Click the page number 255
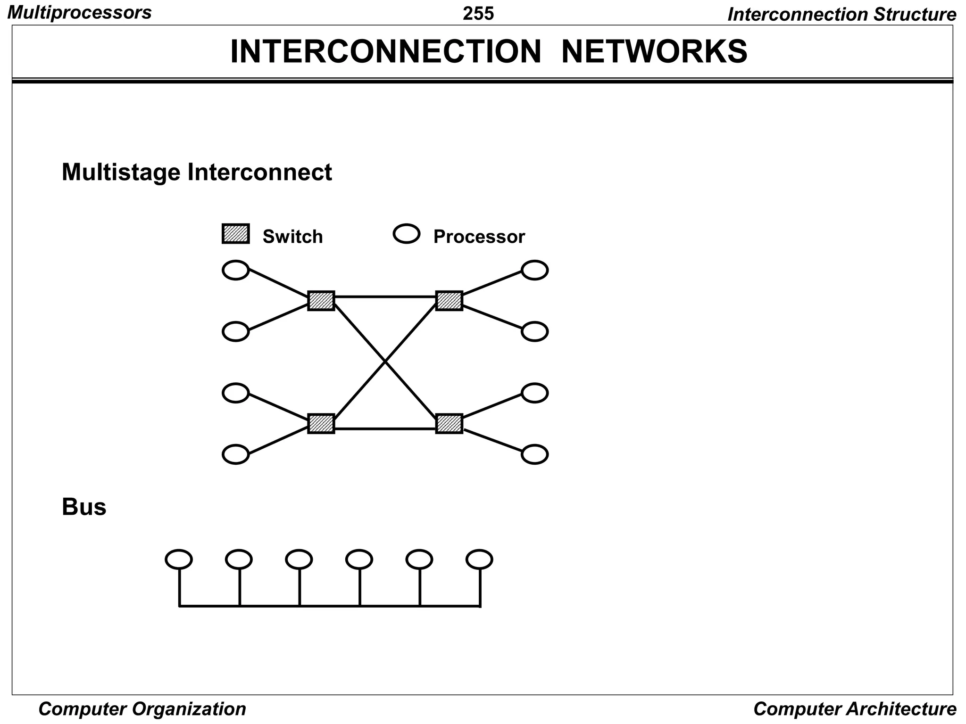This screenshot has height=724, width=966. click(478, 14)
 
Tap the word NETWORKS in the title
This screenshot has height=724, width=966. click(654, 51)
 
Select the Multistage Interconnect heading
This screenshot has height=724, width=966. click(197, 172)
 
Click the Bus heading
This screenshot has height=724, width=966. click(84, 507)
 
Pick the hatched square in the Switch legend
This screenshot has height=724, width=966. click(235, 234)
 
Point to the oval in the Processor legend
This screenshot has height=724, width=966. click(406, 233)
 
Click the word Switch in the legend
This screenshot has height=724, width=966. click(292, 237)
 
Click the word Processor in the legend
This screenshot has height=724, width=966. click(479, 237)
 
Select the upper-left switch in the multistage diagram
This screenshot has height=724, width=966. click(321, 300)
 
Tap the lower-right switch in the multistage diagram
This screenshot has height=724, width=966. click(449, 423)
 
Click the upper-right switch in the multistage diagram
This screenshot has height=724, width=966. click(449, 300)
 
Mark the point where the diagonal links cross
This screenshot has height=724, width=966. click(385, 362)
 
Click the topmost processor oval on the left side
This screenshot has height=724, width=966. click(235, 270)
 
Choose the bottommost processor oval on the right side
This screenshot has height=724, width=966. click(534, 454)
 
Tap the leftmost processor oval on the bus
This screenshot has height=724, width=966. click(179, 559)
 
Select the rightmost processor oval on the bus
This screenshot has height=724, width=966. click(479, 559)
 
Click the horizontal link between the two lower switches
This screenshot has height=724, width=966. click(385, 429)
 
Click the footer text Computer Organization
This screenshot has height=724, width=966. click(142, 709)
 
